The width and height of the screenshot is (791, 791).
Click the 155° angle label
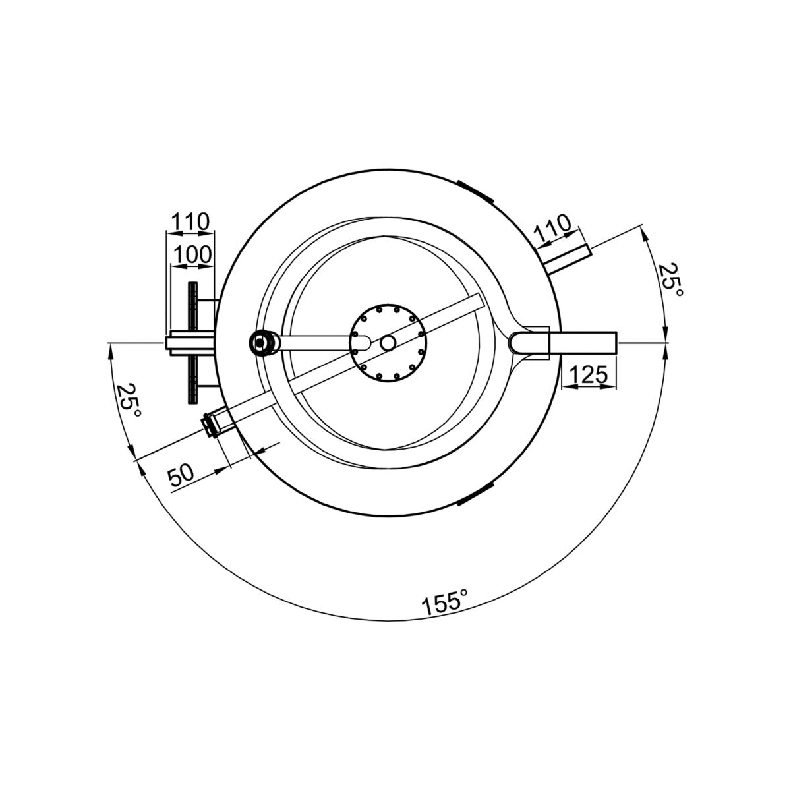[x=444, y=602]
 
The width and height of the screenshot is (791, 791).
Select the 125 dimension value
[x=588, y=374]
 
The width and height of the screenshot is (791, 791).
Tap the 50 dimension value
[x=181, y=474]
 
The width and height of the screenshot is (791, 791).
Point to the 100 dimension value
[x=192, y=254]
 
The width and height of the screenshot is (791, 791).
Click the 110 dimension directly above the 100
[x=190, y=221]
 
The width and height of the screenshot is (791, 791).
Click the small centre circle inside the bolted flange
[x=388, y=343]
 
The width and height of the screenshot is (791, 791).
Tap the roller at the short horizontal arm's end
[x=264, y=342]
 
